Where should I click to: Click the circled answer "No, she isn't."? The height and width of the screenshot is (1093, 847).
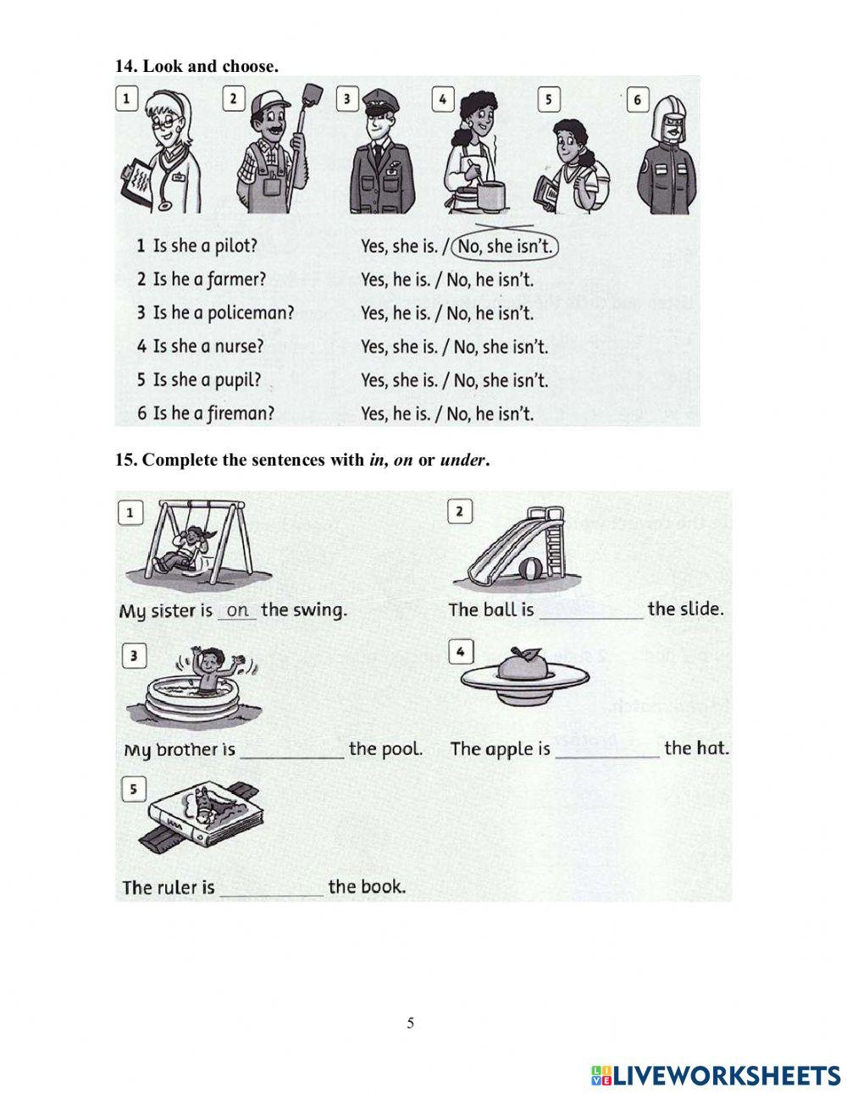[506, 246]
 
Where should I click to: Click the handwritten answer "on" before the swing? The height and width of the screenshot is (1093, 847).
[238, 610]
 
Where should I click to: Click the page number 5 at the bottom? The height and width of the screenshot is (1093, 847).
[411, 1023]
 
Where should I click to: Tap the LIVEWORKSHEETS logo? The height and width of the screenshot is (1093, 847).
[716, 1075]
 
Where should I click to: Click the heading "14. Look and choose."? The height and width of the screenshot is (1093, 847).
[197, 66]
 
